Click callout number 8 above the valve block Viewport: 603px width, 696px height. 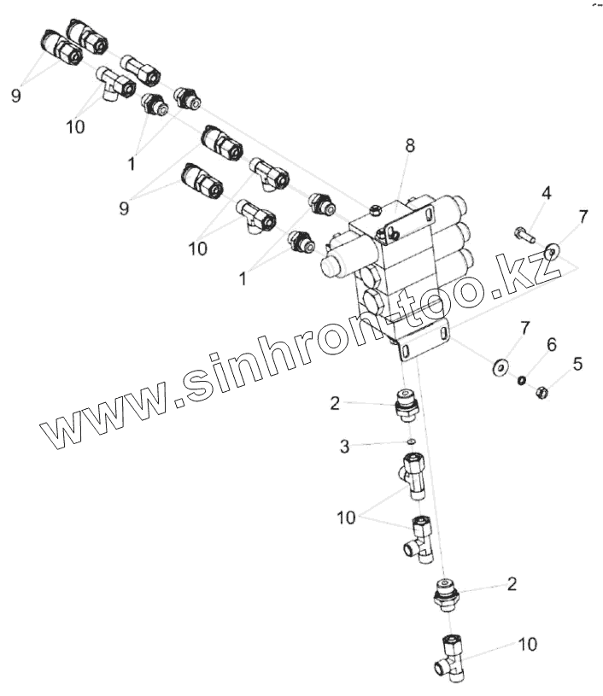point(410,146)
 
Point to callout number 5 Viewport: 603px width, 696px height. point(578,365)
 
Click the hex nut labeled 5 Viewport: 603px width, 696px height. point(542,393)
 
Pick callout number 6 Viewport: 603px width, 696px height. point(552,345)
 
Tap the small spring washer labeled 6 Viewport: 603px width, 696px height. point(520,381)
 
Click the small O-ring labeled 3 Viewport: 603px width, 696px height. point(410,442)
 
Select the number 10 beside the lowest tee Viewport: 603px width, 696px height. point(528,644)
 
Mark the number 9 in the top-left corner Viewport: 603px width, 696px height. point(15,97)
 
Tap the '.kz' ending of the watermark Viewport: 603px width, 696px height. point(534,273)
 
